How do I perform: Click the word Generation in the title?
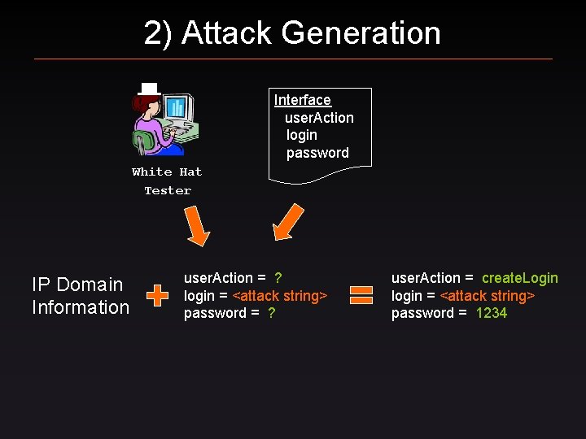click(361, 33)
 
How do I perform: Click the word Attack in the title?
click(227, 33)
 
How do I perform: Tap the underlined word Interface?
click(303, 100)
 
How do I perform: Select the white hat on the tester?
click(148, 89)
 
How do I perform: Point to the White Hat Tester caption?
click(167, 181)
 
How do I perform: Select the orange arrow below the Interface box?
click(286, 223)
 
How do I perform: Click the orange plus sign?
click(157, 296)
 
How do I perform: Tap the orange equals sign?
click(361, 296)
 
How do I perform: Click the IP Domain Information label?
click(80, 296)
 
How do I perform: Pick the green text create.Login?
click(520, 278)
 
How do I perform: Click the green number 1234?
click(492, 313)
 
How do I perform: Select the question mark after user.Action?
click(278, 278)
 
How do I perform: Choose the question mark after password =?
click(271, 313)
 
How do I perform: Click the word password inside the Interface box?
click(317, 153)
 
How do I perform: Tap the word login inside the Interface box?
click(302, 135)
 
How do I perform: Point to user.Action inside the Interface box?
click(319, 118)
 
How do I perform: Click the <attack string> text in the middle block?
click(280, 296)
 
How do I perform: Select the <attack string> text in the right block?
click(488, 296)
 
